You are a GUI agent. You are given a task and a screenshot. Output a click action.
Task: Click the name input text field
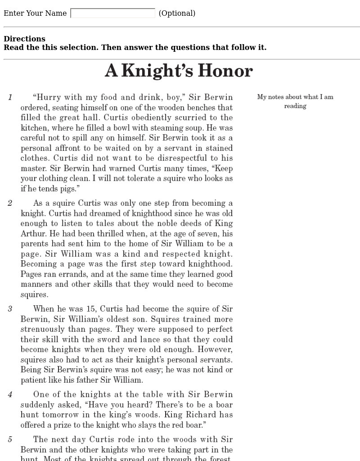tap(112, 14)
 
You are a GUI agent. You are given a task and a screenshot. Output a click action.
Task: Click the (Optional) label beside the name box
tap(177, 14)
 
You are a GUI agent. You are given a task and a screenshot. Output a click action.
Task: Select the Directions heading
tap(24, 39)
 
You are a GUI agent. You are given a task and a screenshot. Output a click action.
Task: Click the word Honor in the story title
tap(225, 71)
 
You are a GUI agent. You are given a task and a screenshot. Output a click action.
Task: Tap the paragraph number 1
tap(10, 97)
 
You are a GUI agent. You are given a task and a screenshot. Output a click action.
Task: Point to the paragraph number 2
tap(10, 203)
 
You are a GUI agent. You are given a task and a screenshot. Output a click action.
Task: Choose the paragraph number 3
tap(10, 309)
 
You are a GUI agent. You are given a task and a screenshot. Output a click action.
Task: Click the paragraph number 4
tap(10, 395)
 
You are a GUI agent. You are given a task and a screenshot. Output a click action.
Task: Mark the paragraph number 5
tap(10, 439)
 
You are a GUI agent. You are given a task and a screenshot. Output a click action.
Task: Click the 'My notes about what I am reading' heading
tap(295, 101)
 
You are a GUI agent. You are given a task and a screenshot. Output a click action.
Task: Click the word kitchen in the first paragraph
tap(34, 128)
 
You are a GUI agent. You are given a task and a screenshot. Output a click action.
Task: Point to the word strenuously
tap(43, 329)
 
